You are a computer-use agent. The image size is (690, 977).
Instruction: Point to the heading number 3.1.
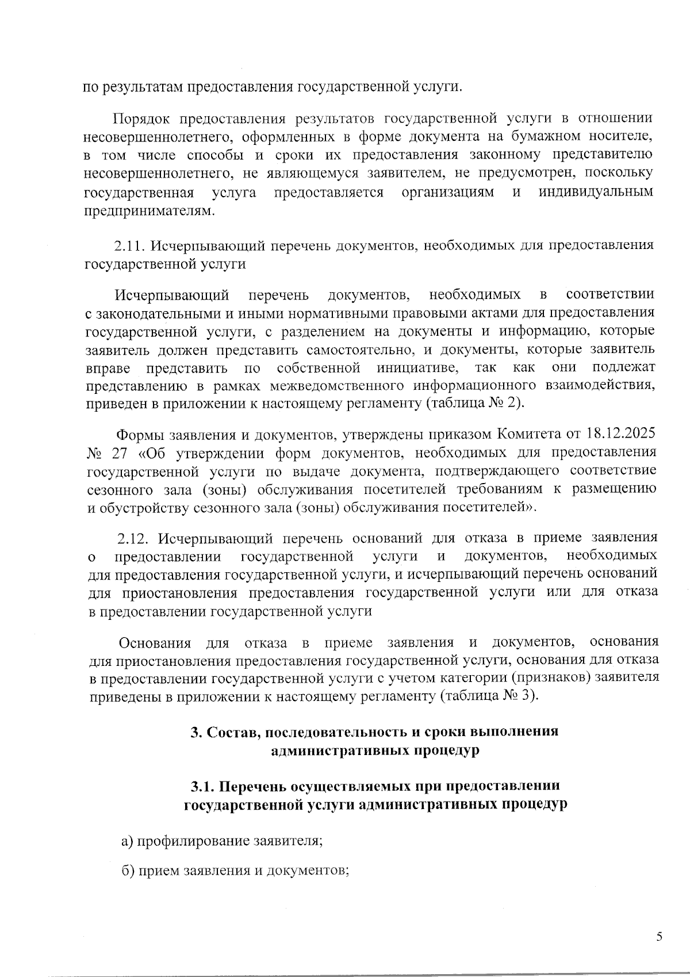[x=202, y=786]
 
